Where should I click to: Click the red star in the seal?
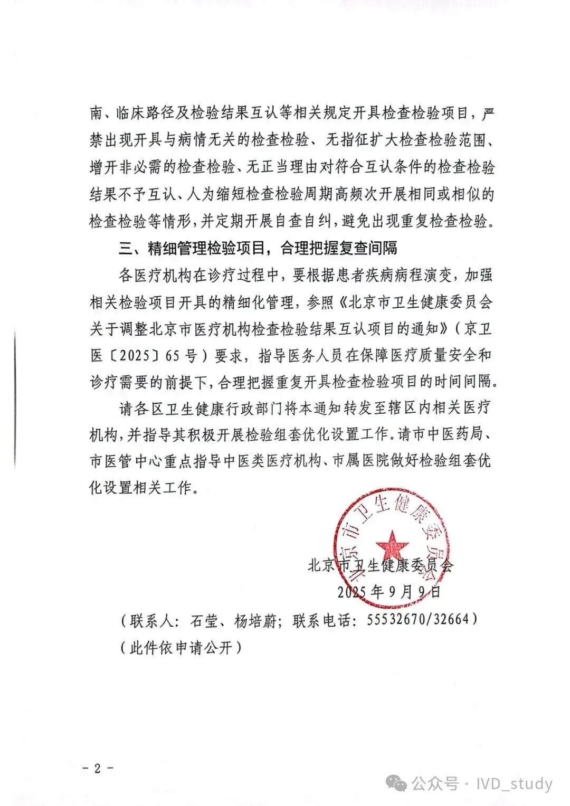pos(392,544)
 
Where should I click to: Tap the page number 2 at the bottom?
pos(98,767)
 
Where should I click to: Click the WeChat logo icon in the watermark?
pos(396,783)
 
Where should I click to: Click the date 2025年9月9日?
pos(389,592)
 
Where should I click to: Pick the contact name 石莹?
pos(204,620)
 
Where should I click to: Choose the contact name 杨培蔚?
pos(255,620)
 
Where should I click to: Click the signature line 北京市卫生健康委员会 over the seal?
pos(380,565)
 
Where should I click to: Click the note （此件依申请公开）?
pos(180,647)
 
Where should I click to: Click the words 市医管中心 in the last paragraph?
pos(126,461)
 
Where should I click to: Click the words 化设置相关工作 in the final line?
pos(139,488)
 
